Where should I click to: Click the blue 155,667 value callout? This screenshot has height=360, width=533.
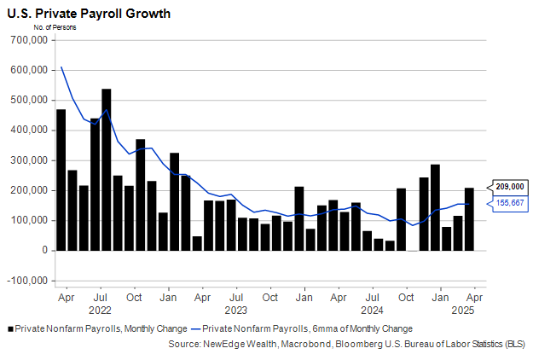pos(510,203)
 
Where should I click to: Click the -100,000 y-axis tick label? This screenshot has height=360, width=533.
pos(29,281)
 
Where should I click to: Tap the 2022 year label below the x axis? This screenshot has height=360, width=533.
pos(100,310)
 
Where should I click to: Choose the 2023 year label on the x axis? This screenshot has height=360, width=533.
pos(235,310)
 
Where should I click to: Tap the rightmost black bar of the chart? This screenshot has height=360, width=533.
pos(469,219)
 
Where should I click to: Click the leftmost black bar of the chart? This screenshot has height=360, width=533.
pos(61,180)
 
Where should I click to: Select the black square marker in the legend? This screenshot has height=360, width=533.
pos(9,328)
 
